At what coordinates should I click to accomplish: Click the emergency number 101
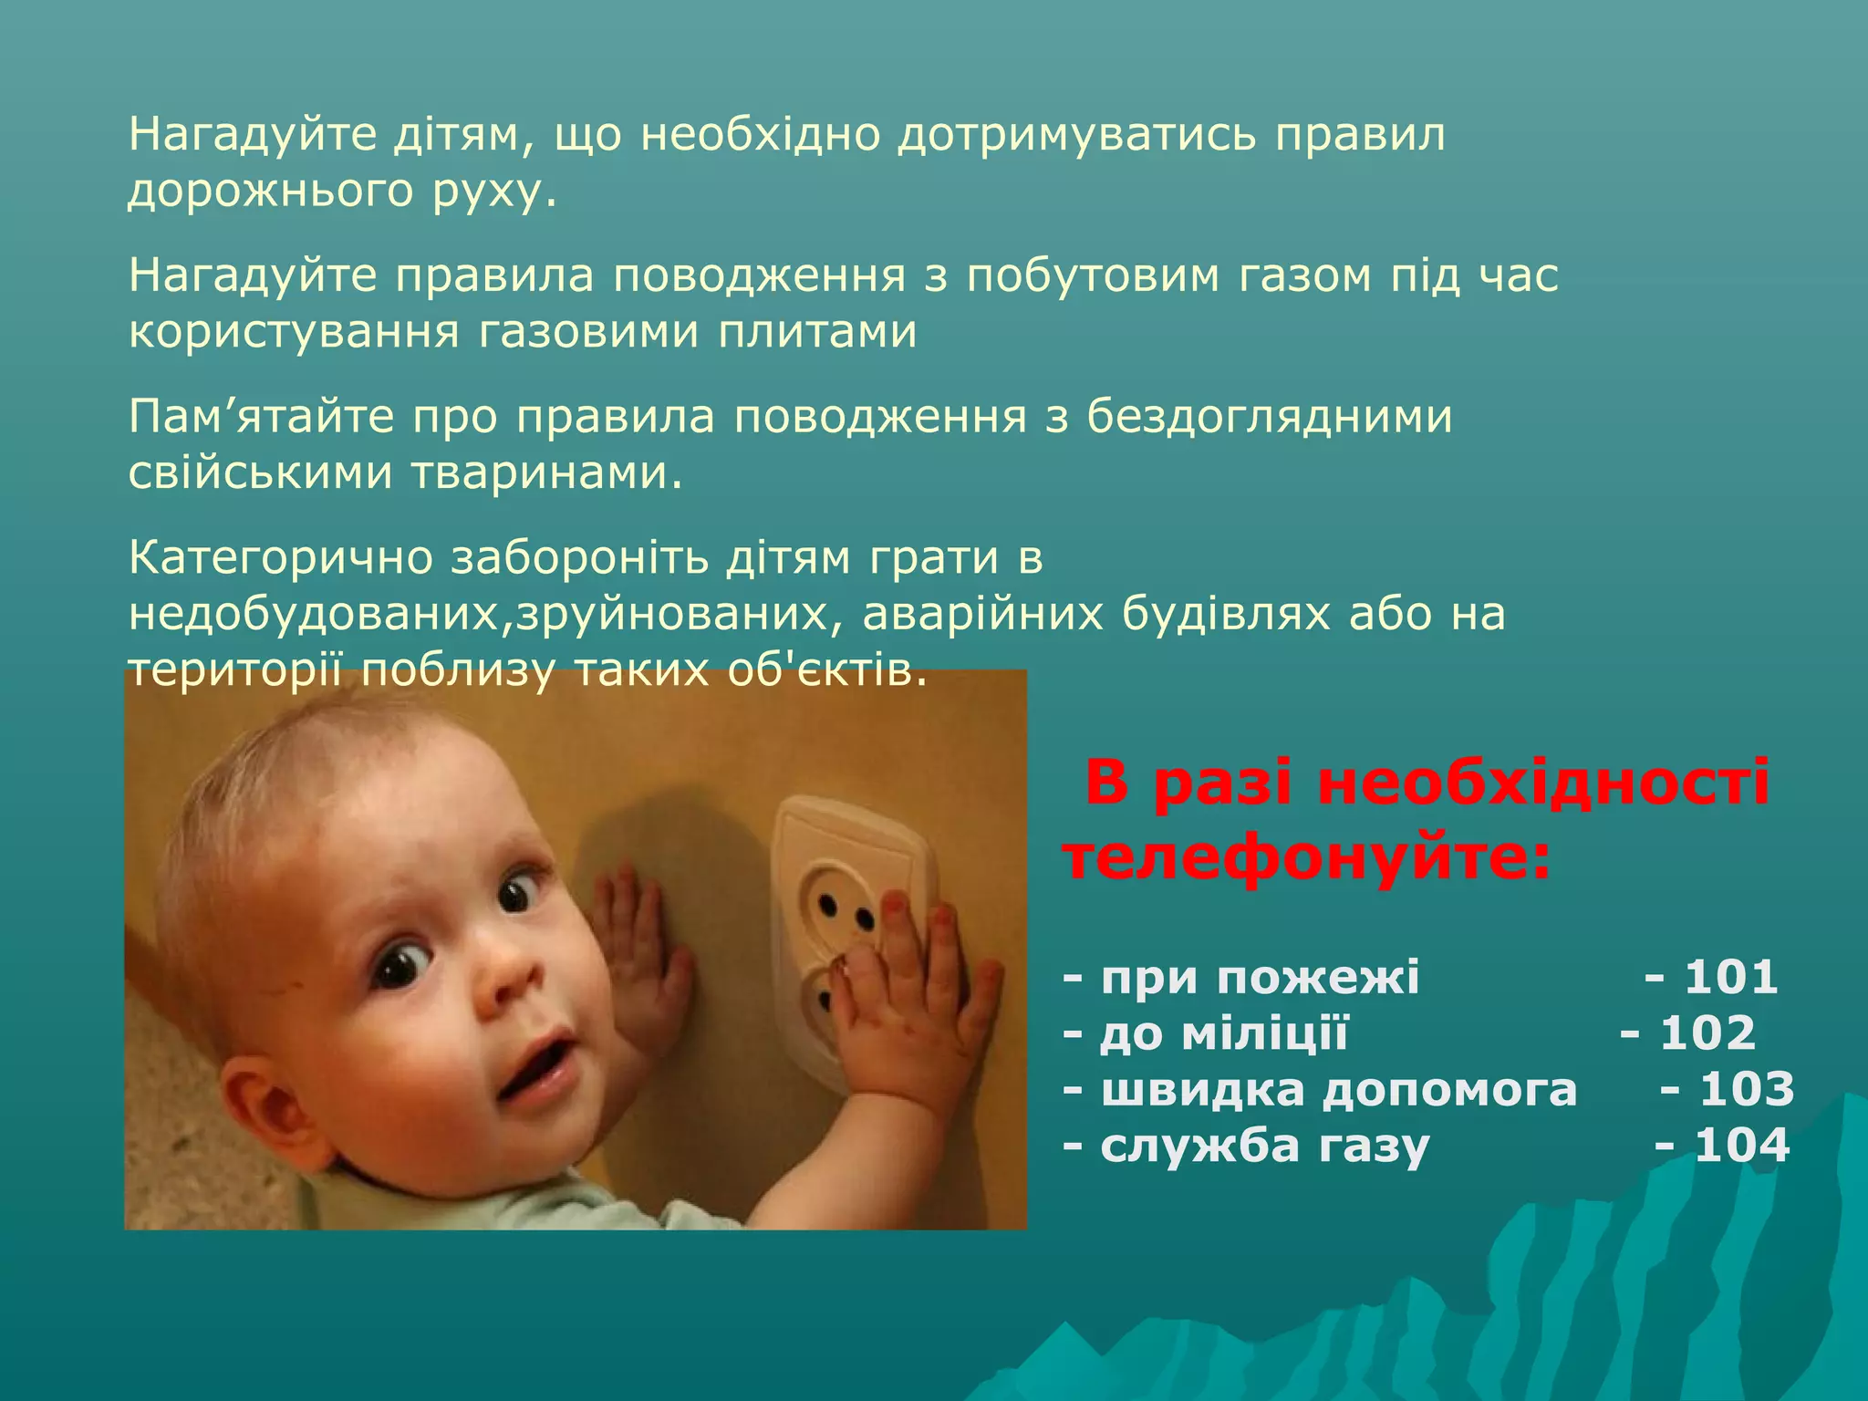pos(1731,977)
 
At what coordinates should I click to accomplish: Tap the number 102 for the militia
pos(1707,1033)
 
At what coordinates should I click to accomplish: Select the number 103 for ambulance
pos(1747,1089)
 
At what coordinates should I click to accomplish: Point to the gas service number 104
pos(1742,1146)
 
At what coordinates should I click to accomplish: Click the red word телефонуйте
pos(1307,859)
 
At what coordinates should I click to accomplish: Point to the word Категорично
pos(280,558)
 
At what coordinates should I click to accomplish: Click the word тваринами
pos(546,472)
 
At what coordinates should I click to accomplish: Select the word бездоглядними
pos(1269,417)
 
